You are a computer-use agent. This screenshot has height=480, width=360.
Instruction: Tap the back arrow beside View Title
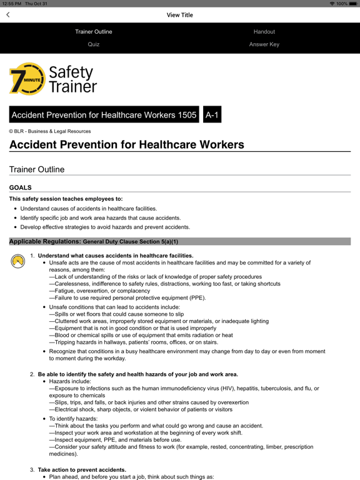click(8, 15)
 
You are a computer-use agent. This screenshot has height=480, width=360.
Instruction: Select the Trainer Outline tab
click(94, 31)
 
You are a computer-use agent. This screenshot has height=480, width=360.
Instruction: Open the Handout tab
click(264, 31)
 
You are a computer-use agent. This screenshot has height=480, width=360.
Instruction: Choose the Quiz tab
click(94, 44)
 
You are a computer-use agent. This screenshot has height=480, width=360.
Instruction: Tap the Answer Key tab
click(264, 44)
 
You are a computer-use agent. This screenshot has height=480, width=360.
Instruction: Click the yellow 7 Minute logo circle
click(26, 79)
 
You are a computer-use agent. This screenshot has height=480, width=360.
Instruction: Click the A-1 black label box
click(212, 115)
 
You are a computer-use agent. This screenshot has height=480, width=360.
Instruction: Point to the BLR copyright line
click(50, 131)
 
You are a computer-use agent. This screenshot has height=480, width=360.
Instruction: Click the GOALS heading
click(21, 187)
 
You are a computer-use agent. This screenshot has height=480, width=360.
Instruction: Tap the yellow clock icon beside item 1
click(18, 261)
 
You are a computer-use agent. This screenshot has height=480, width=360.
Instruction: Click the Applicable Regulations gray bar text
click(94, 241)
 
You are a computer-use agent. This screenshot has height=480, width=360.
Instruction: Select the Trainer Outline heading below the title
click(37, 169)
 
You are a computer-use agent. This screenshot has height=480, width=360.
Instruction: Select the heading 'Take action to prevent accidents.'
click(82, 469)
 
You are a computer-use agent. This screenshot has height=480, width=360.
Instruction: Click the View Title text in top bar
click(180, 15)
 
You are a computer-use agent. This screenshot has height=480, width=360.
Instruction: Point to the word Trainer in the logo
click(73, 87)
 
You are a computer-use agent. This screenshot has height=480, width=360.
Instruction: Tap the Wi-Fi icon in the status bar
click(332, 4)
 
